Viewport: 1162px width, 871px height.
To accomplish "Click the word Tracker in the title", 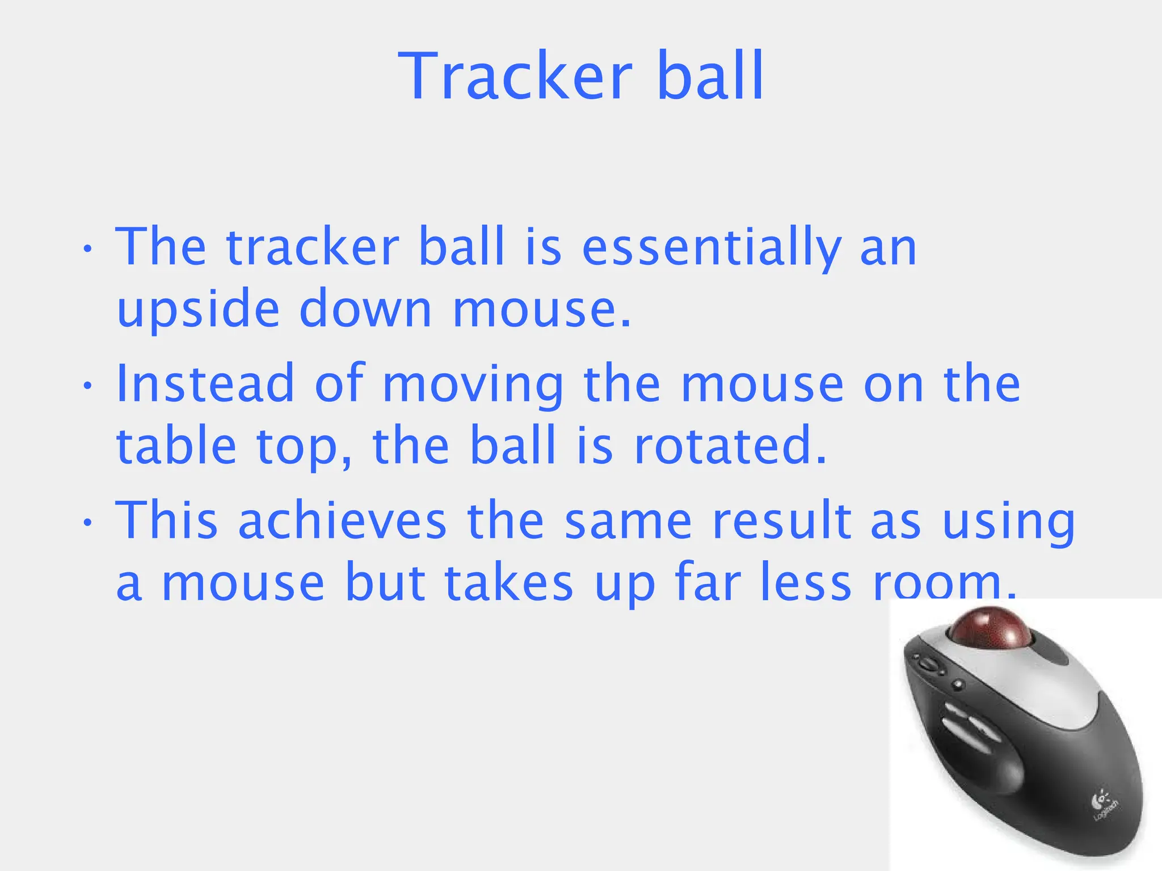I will [515, 77].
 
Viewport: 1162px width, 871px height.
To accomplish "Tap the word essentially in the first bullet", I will [711, 248].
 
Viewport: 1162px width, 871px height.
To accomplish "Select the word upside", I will [198, 309].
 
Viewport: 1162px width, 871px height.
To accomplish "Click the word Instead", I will [205, 384].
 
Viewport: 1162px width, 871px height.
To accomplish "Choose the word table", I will [176, 446].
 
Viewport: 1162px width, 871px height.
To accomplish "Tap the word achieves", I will [342, 521].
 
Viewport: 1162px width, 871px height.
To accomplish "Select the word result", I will [781, 521].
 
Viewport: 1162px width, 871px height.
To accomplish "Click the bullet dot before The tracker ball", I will [87, 250].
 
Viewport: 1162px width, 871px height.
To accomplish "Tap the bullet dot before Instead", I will [87, 386].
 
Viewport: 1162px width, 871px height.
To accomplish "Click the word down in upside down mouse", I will [365, 309].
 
